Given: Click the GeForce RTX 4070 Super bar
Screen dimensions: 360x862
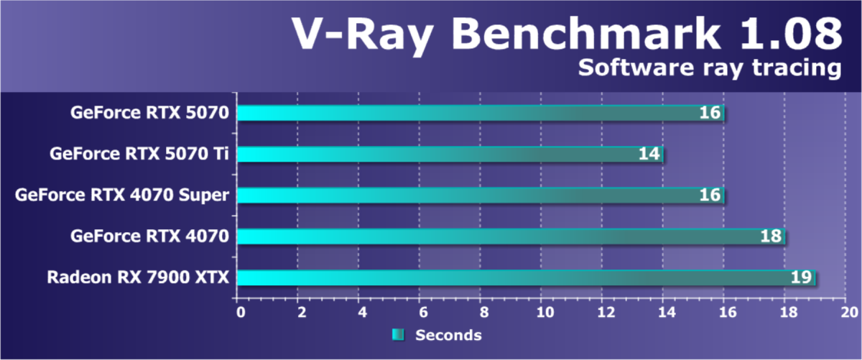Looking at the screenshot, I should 481,195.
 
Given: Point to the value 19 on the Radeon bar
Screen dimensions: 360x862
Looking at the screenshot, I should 801,277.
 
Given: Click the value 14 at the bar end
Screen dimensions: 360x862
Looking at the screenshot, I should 649,154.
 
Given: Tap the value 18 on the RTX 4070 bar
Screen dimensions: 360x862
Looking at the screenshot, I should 771,236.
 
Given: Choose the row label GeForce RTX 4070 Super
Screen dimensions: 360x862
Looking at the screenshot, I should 122,195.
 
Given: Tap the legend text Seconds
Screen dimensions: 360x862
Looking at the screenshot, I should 448,335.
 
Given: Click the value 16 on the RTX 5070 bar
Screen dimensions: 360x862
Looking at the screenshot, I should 710,113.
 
